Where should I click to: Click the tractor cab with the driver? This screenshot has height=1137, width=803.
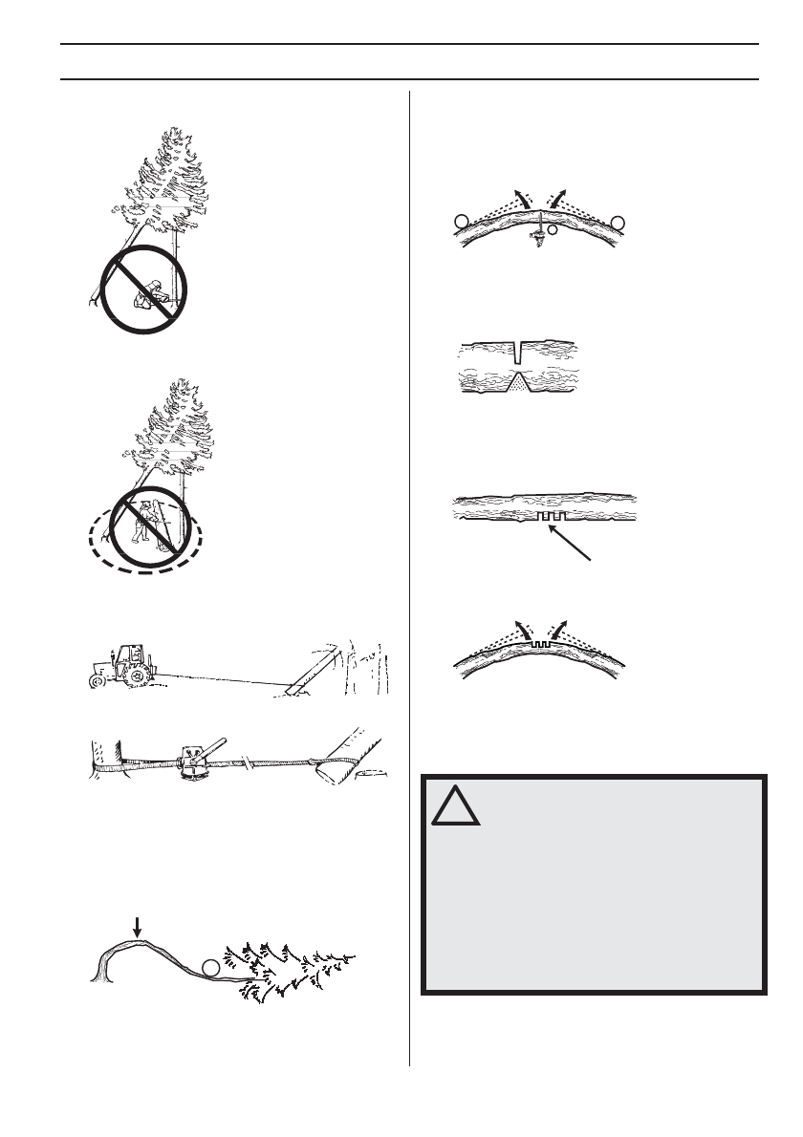[x=133, y=655]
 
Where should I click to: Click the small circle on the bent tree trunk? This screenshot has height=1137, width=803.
[x=211, y=968]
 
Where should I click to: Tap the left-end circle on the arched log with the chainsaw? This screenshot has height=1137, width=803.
[x=461, y=221]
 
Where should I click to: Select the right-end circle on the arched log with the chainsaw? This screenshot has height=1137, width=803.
[x=618, y=221]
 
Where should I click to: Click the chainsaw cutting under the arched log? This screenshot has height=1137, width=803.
[x=538, y=230]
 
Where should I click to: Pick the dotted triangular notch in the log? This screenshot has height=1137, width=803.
[x=517, y=384]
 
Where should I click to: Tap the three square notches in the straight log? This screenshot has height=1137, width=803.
[x=553, y=516]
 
